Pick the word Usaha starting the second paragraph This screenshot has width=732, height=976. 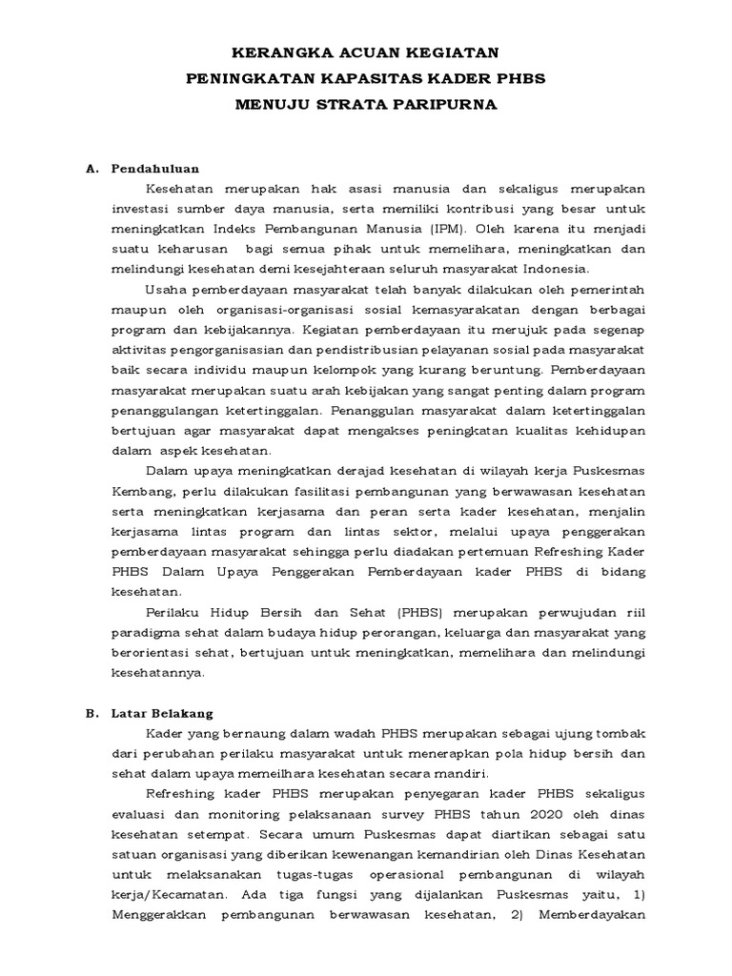point(165,290)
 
